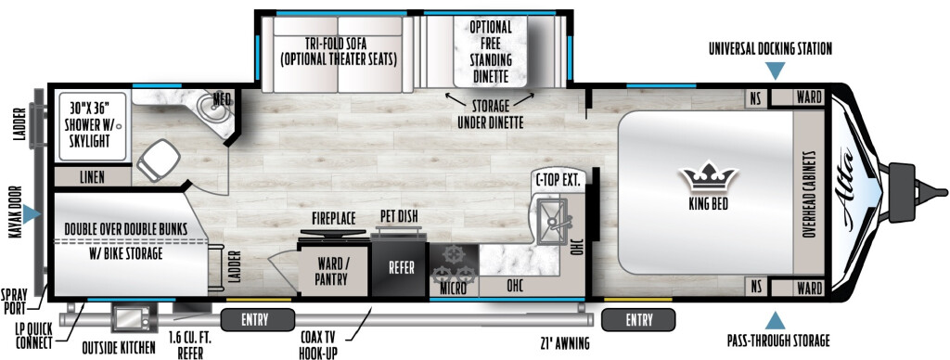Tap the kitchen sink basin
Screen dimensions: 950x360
click(552, 221)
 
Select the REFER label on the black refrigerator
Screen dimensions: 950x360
click(401, 268)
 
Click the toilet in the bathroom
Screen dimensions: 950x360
click(159, 159)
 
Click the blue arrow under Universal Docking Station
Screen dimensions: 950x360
click(775, 71)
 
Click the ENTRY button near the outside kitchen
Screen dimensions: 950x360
click(258, 319)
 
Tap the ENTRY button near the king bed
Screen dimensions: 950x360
click(638, 319)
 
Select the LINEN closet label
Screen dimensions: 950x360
click(92, 177)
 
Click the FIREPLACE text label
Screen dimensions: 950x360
click(334, 219)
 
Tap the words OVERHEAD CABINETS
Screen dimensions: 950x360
click(809, 195)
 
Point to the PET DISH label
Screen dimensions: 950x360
click(399, 216)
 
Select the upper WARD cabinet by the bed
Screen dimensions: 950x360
click(809, 97)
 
